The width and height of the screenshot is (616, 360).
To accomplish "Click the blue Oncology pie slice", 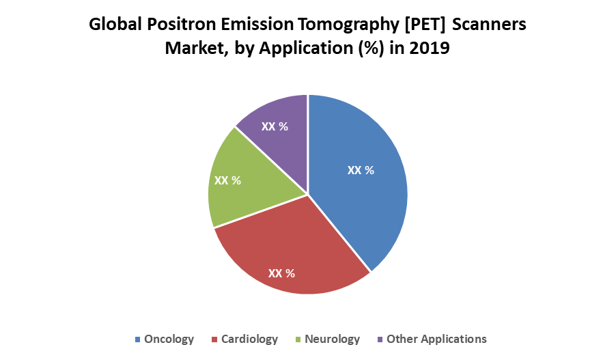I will click(369, 205).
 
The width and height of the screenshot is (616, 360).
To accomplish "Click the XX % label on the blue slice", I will click(361, 170).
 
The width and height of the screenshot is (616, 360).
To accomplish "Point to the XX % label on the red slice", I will click(281, 273).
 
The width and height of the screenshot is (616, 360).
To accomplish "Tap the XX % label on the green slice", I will click(227, 180).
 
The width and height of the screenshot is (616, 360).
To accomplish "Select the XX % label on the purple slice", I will click(274, 126).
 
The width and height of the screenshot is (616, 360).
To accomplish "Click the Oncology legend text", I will click(169, 339).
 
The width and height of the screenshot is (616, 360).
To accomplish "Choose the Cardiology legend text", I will click(249, 339).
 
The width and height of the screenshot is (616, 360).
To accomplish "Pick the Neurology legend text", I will click(332, 339).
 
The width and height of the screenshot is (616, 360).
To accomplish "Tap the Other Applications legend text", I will click(436, 339).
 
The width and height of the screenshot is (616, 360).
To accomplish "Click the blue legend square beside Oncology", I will click(138, 340).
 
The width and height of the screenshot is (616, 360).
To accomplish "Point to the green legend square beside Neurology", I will click(298, 340).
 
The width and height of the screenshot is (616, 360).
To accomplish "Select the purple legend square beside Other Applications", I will click(380, 340).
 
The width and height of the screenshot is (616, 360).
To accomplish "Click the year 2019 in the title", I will click(428, 49).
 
